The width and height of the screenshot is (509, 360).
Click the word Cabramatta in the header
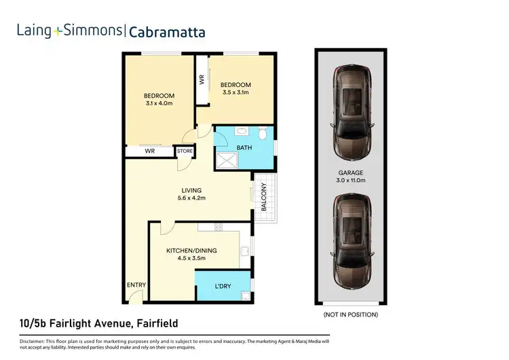pyautogui.click(x=166, y=31)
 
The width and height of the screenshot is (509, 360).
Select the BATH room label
pyautogui.click(x=244, y=147)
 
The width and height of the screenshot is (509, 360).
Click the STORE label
pyautogui.click(x=185, y=151)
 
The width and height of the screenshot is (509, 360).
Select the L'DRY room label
pyautogui.click(x=223, y=286)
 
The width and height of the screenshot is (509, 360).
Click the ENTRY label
pyautogui.click(x=136, y=285)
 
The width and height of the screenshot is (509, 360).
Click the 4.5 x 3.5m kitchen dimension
pyautogui.click(x=191, y=259)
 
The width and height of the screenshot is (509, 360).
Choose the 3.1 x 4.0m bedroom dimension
pyautogui.click(x=159, y=104)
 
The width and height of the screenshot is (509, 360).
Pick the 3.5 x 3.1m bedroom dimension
pyautogui.click(x=236, y=93)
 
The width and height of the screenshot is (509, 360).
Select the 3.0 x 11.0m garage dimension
pyautogui.click(x=352, y=181)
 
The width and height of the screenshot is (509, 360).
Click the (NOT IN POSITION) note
pyautogui.click(x=350, y=314)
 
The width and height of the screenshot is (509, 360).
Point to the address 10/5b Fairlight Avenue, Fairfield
pyautogui.click(x=99, y=323)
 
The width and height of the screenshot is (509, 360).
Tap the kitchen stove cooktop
pyautogui.click(x=219, y=226)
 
